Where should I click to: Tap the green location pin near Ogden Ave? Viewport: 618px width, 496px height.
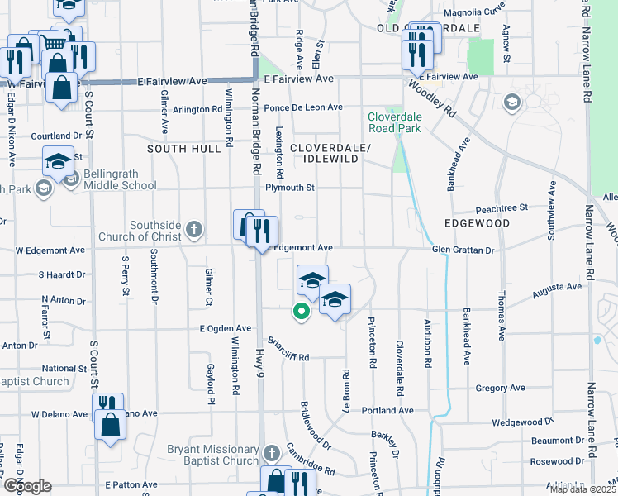[302, 311]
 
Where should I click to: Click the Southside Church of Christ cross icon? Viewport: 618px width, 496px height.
[194, 229]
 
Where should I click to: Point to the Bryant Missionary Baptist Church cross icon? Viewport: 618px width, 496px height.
[273, 454]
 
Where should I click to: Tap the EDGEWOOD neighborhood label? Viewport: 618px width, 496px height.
[477, 223]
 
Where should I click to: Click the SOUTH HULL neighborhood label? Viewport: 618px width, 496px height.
[184, 149]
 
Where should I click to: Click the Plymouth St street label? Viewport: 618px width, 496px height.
[290, 188]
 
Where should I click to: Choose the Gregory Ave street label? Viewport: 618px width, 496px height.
[501, 388]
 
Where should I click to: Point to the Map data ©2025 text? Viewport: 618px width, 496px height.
[582, 489]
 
